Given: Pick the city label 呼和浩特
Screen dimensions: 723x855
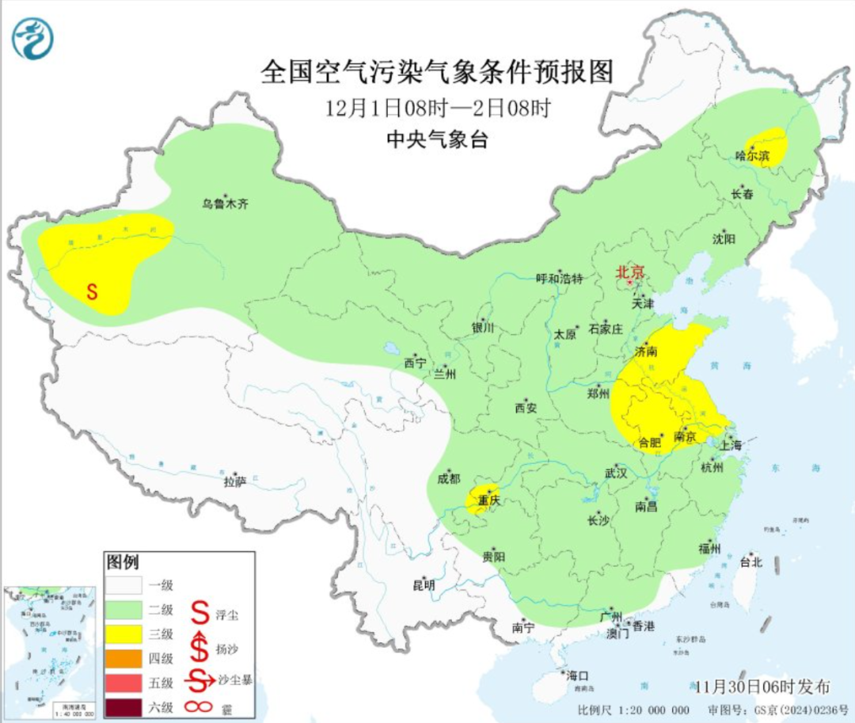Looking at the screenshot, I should pyautogui.click(x=559, y=278).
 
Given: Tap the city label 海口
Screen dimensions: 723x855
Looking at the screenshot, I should pyautogui.click(x=577, y=675).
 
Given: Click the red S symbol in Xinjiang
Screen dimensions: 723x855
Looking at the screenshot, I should pyautogui.click(x=92, y=291).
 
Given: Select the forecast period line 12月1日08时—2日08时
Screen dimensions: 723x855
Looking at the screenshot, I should pyautogui.click(x=437, y=108).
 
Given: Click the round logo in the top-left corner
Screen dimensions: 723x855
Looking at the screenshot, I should pyautogui.click(x=32, y=38).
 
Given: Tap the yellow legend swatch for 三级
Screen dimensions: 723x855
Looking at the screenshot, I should pyautogui.click(x=123, y=634).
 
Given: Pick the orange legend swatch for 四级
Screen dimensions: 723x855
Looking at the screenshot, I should pyautogui.click(x=123, y=658).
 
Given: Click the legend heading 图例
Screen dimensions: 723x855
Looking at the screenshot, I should pyautogui.click(x=123, y=562).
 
